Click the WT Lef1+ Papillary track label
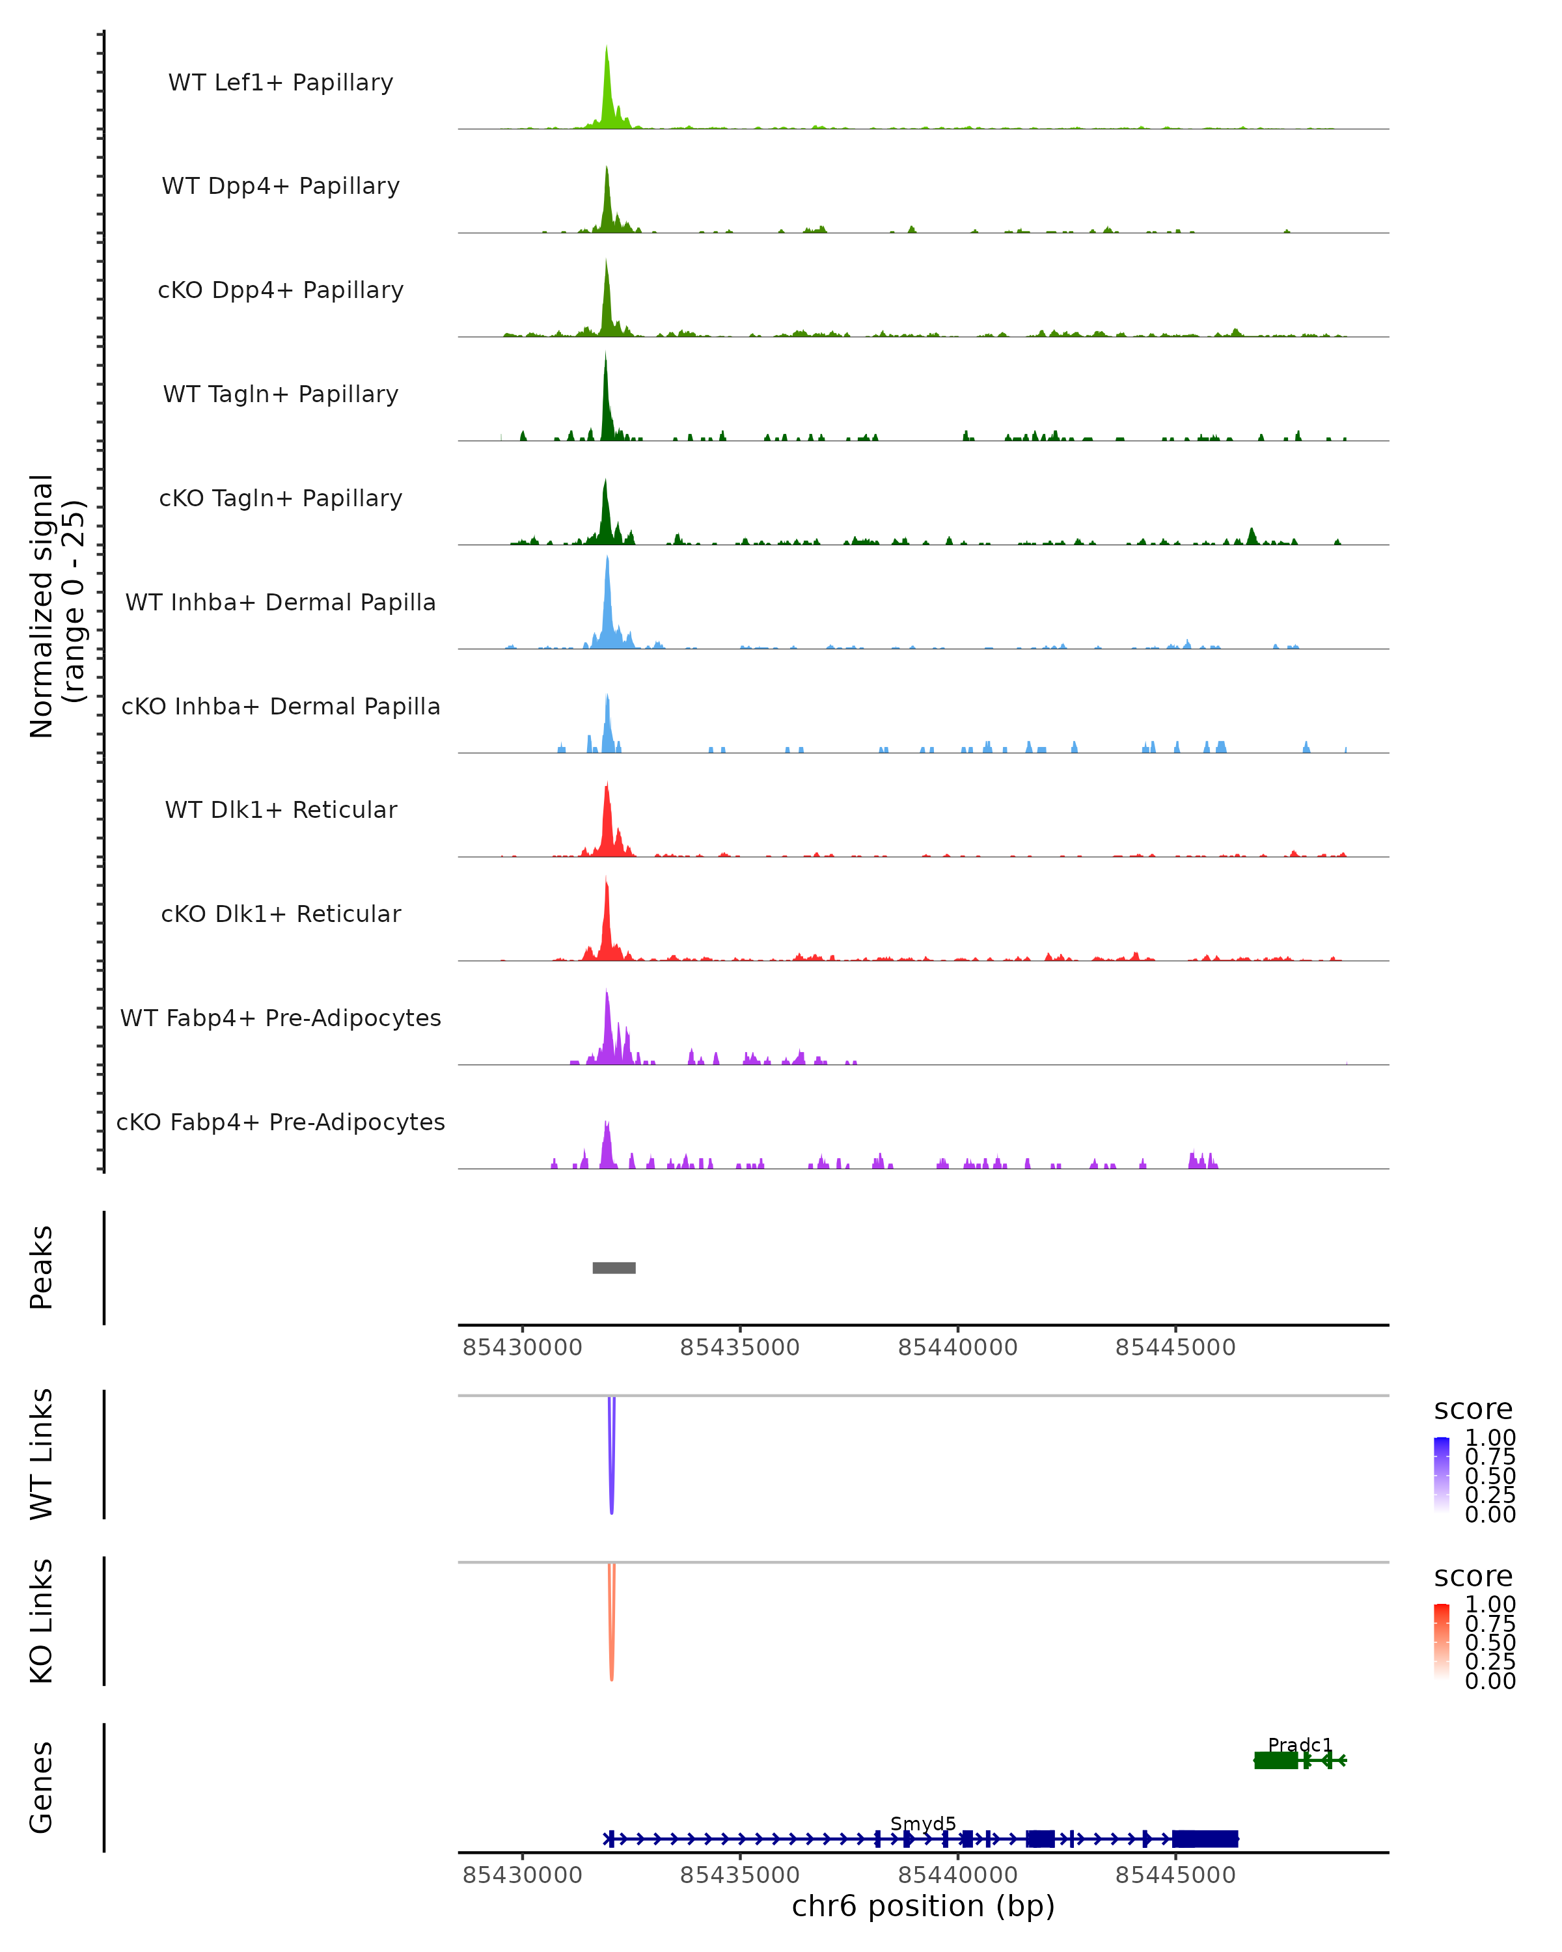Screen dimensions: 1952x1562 281,83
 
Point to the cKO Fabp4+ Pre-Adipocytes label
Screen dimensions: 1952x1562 281,1122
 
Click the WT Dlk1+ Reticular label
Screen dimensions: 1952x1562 281,809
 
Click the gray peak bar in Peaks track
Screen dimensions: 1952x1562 614,1267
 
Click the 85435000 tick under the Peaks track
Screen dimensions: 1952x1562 740,1348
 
